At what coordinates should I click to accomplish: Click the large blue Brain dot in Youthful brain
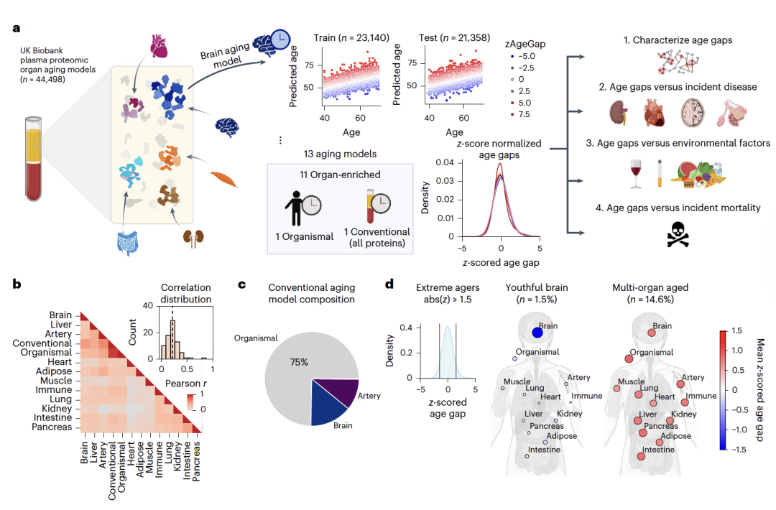point(537,332)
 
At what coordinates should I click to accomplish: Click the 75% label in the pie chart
point(300,362)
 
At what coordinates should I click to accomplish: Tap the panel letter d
point(389,284)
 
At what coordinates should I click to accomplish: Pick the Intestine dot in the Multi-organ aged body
point(640,455)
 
